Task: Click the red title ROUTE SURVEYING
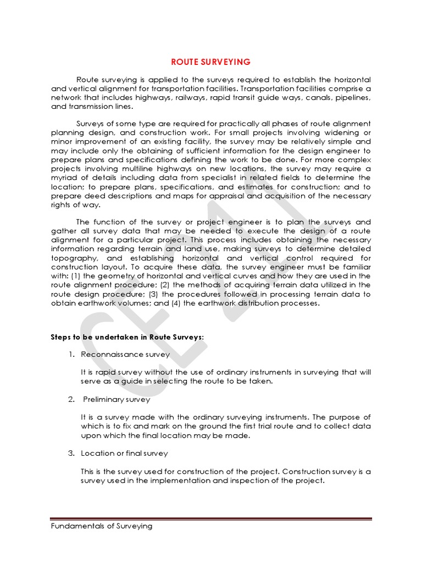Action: click(x=211, y=62)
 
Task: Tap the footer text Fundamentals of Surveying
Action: click(x=101, y=526)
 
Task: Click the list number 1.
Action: click(x=71, y=355)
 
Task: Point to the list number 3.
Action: click(x=71, y=454)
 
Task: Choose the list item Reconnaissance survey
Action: click(x=125, y=355)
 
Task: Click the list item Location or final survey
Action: click(x=124, y=454)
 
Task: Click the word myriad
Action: click(x=64, y=178)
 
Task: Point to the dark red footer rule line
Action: click(x=211, y=518)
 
